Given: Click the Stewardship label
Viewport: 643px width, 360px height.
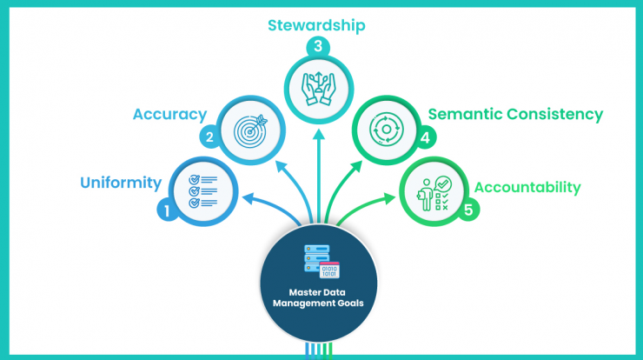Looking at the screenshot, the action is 316,25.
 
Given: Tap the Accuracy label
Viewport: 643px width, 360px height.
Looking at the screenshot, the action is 169,115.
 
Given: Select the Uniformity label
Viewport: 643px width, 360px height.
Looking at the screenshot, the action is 121,183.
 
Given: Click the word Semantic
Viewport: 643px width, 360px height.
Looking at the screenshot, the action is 466,114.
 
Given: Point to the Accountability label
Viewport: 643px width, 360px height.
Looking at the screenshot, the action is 527,187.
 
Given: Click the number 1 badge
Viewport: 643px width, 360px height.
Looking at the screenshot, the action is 167,210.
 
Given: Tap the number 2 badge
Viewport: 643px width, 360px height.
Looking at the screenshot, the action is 209,137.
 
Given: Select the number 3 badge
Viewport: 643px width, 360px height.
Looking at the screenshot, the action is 318,46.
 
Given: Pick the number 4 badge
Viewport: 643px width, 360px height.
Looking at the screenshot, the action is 425,137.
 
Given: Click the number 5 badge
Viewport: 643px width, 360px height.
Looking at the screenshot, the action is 468,210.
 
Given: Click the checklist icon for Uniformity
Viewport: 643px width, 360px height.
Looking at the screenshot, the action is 203,191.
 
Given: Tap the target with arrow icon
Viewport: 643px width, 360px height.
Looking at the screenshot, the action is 250,130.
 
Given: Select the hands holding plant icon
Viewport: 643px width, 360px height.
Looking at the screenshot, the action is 319,89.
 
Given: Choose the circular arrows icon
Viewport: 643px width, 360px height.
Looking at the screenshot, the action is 387,130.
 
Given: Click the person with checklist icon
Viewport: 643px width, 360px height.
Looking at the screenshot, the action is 434,194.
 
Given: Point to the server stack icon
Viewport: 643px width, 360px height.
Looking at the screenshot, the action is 321,262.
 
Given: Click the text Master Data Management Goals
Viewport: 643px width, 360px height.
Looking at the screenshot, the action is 318,297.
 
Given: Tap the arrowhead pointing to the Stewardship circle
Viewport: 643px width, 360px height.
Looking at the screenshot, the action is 319,135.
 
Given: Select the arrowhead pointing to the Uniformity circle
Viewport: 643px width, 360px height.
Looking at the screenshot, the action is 249,198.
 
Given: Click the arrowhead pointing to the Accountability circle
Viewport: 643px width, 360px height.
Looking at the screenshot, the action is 388,198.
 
